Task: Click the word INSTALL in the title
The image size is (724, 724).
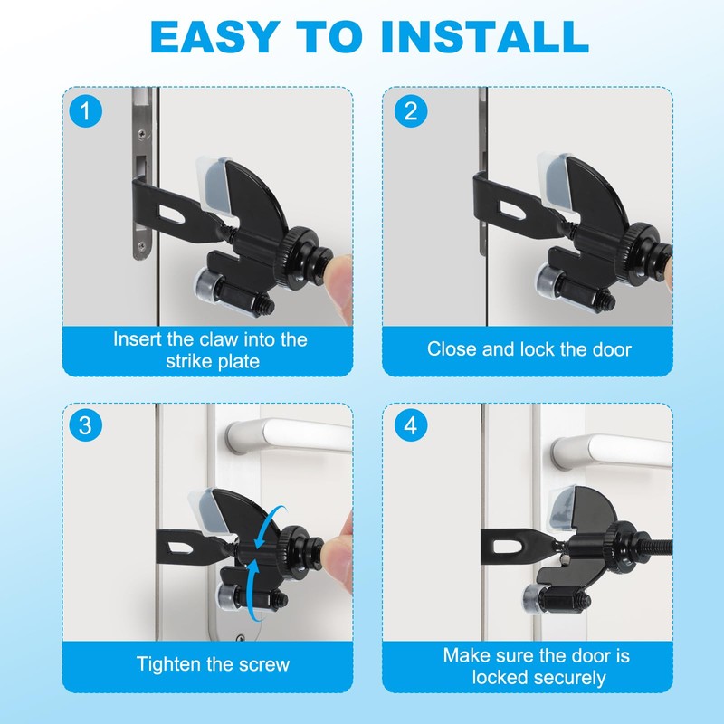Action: [485, 36]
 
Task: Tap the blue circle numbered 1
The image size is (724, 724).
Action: [85, 111]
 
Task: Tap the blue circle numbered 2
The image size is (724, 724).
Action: [411, 111]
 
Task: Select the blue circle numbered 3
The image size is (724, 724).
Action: [85, 425]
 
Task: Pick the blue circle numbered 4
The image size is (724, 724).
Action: [411, 425]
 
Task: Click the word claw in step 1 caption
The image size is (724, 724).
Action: [218, 339]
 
